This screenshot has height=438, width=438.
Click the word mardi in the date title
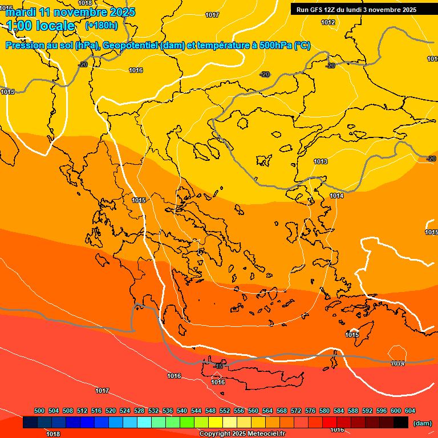tap(21, 12)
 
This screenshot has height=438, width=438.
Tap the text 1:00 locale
tap(40, 26)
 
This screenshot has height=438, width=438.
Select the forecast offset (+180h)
tap(102, 26)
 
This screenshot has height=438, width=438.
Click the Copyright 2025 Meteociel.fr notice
tap(242, 434)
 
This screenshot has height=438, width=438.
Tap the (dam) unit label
tap(422, 423)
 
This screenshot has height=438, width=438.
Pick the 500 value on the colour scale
tap(39, 411)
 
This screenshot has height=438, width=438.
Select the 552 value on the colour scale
tap(225, 411)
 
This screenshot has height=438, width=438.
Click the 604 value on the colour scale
tap(410, 411)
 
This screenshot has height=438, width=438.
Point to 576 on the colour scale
tap(310, 411)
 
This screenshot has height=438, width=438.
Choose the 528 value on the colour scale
tap(139, 411)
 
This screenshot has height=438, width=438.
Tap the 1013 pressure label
tap(321, 162)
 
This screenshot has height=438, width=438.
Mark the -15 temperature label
tap(218, 366)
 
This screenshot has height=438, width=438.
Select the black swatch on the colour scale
tap(400, 423)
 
